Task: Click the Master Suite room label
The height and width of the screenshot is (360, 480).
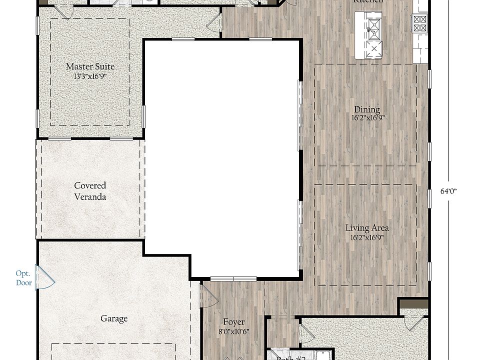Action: [x=90, y=66]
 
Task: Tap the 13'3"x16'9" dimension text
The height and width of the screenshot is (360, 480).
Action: [x=90, y=76]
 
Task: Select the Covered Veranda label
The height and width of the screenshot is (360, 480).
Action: [x=90, y=191]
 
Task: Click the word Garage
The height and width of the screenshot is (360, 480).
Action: [x=114, y=318]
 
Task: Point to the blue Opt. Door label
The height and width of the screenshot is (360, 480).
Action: [x=23, y=278]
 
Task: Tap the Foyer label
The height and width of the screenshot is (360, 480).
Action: [x=234, y=322]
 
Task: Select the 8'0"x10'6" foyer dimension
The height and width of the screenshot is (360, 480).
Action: [x=234, y=331]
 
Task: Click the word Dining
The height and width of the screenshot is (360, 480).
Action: [x=367, y=109]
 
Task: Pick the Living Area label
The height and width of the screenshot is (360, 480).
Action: [x=367, y=228]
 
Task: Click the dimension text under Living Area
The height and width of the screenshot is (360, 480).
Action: [x=367, y=237]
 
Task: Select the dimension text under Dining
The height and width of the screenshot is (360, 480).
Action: [x=367, y=118]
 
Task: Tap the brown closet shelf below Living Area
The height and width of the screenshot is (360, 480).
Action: [x=413, y=303]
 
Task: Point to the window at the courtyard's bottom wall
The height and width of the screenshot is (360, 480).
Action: [x=233, y=278]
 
